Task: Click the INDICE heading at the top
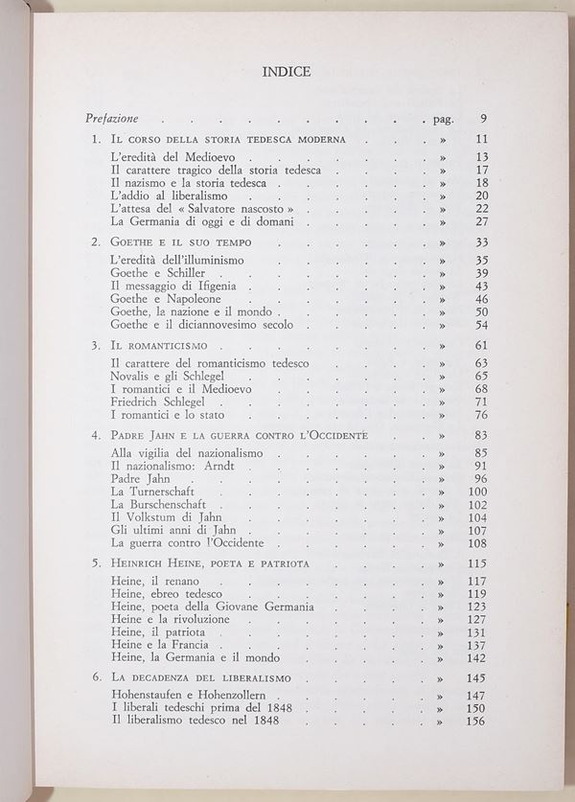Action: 286,70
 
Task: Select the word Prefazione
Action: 111,119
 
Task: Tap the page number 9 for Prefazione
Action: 484,119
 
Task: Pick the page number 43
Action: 481,286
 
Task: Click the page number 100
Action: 478,492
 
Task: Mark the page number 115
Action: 478,562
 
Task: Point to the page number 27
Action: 481,221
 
